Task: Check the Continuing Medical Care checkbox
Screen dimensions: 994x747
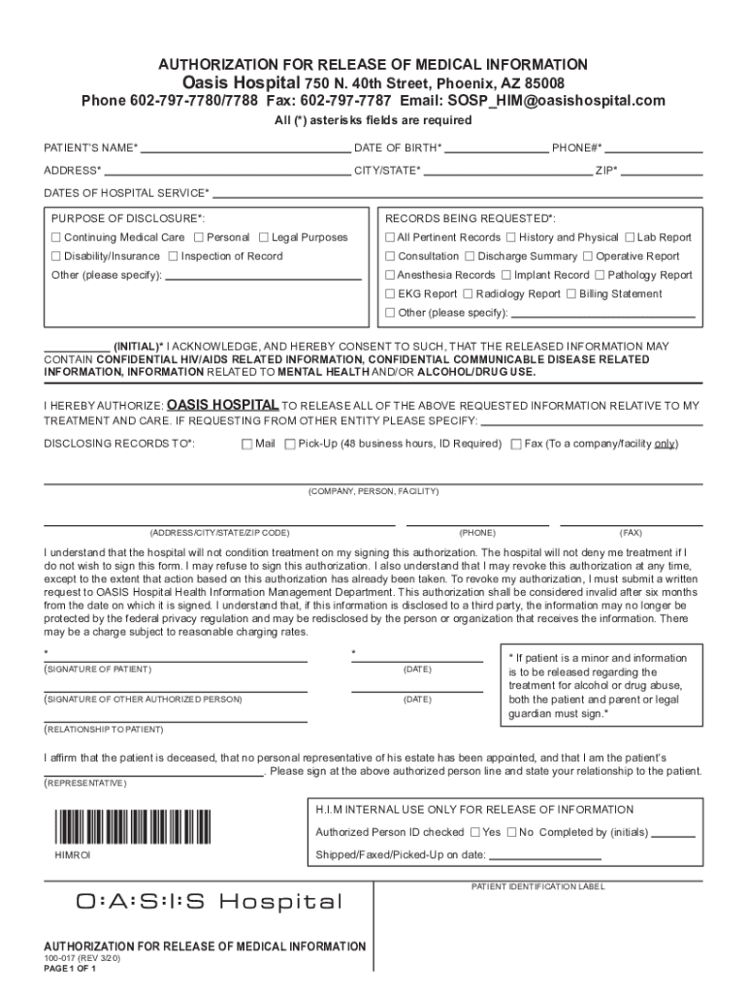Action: [55, 238]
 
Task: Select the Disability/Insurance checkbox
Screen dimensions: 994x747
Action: [55, 256]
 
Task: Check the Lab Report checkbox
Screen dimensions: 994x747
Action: [630, 238]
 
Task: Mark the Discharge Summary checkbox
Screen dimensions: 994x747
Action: [470, 256]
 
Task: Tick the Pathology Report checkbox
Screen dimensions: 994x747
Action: [600, 275]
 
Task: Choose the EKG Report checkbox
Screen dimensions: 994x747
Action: [390, 294]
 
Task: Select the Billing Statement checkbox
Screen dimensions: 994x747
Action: [571, 294]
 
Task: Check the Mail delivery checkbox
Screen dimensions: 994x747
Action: [246, 445]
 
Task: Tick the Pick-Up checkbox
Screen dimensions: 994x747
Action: [290, 445]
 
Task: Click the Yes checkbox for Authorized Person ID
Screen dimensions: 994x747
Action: [474, 832]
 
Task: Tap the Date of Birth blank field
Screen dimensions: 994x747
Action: [496, 149]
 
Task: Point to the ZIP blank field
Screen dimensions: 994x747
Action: [662, 171]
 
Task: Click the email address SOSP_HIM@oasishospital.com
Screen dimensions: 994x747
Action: [557, 101]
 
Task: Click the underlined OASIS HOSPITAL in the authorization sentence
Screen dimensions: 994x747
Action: [223, 405]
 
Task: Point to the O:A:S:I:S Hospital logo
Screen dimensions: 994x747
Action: [210, 903]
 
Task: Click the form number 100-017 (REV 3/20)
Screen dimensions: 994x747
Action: [82, 958]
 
